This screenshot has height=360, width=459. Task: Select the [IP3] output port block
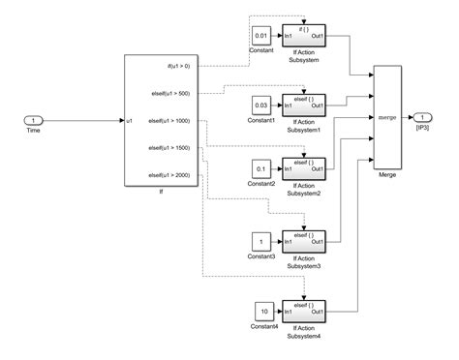pyautogui.click(x=424, y=118)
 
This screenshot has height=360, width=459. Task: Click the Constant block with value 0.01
pyautogui.click(x=261, y=36)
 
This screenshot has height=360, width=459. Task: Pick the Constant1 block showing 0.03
pyautogui.click(x=261, y=104)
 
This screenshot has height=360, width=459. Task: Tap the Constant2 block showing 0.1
pyautogui.click(x=261, y=171)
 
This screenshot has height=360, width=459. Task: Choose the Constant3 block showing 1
pyautogui.click(x=261, y=239)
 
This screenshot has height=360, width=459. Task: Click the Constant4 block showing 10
pyautogui.click(x=261, y=312)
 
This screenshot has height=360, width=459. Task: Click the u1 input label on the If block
pyautogui.click(x=131, y=121)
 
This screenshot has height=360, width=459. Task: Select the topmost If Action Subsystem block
pyautogui.click(x=304, y=36)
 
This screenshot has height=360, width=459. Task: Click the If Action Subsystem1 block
pyautogui.click(x=304, y=104)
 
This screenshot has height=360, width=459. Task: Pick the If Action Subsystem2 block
pyautogui.click(x=304, y=171)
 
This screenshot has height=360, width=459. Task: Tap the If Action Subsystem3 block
pyautogui.click(x=304, y=239)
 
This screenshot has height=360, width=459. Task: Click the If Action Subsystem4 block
pyautogui.click(x=304, y=312)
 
